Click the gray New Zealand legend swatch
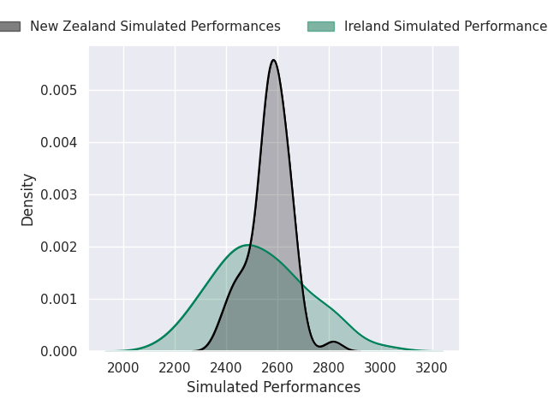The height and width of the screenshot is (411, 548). tap(9, 27)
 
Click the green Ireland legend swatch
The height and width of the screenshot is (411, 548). tap(321, 27)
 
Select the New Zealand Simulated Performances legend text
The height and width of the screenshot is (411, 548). tap(155, 27)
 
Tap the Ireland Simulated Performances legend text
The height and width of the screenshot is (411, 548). tap(446, 27)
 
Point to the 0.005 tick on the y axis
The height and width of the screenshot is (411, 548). tap(58, 90)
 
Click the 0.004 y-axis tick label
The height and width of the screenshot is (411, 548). tap(58, 143)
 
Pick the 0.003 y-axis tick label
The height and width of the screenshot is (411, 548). tap(58, 194)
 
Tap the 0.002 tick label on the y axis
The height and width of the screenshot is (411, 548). tap(58, 247)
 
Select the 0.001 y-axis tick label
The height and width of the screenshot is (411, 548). tap(58, 299)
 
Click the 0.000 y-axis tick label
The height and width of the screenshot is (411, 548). tap(58, 351)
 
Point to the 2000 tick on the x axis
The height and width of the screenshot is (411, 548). tap(123, 368)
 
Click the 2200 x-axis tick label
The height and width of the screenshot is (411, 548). tap(175, 368)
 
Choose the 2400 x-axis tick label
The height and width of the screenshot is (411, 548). tap(226, 368)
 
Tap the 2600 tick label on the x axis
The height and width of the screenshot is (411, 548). tap(277, 368)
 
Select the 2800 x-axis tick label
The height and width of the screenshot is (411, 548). tap(329, 368)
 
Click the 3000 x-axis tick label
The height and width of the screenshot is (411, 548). tap(380, 368)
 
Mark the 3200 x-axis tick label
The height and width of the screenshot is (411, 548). tap(432, 368)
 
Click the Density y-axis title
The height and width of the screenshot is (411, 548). tap(27, 200)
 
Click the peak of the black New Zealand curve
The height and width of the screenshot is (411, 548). tap(274, 60)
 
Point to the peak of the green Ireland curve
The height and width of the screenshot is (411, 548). tap(249, 245)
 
